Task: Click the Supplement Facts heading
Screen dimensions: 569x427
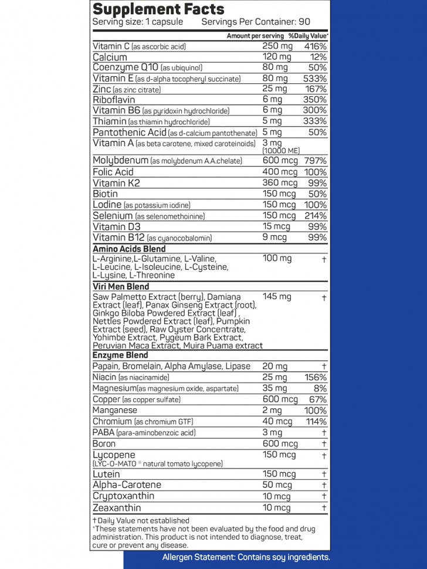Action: click(x=158, y=9)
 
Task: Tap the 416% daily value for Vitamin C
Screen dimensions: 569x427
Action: click(x=315, y=46)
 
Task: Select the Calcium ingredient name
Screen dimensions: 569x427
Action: click(x=110, y=57)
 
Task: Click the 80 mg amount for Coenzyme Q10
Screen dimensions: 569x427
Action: click(x=275, y=67)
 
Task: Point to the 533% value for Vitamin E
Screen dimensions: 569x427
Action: click(x=315, y=78)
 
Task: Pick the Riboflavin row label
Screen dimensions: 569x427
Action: click(x=114, y=100)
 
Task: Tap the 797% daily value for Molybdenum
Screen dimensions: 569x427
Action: click(x=315, y=161)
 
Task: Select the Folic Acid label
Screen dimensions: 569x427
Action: click(x=113, y=172)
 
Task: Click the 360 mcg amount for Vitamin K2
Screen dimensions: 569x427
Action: click(x=280, y=183)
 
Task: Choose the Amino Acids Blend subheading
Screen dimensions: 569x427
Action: click(x=129, y=249)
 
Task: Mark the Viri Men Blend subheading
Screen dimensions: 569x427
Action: click(x=121, y=287)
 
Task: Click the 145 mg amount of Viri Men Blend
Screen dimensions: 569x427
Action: click(x=277, y=297)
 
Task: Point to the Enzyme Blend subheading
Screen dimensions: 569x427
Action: click(x=120, y=355)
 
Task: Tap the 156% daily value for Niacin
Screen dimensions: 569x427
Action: click(x=315, y=377)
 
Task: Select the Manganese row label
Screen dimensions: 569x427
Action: click(x=115, y=411)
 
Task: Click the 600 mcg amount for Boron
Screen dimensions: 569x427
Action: click(x=280, y=443)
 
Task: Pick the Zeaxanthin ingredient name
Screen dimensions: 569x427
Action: click(x=117, y=507)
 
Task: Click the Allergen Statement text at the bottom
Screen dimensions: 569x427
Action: click(x=246, y=557)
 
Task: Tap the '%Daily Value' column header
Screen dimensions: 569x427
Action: click(x=308, y=36)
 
